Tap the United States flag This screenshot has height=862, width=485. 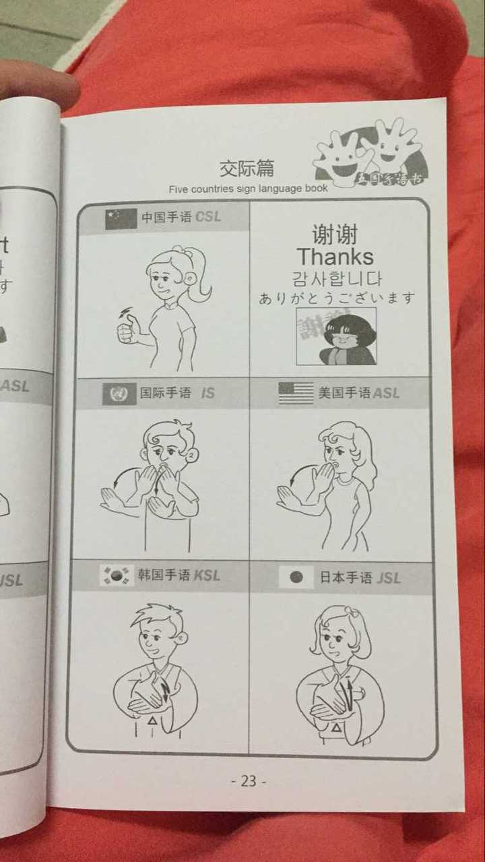[x=296, y=393]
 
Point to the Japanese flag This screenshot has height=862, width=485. [x=296, y=578]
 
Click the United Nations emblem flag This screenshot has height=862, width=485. [x=119, y=394]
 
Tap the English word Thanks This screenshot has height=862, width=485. [x=335, y=257]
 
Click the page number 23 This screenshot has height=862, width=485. [x=249, y=781]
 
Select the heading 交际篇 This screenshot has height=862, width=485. [x=247, y=168]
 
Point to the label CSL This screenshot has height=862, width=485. [x=208, y=218]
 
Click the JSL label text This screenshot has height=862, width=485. [x=389, y=578]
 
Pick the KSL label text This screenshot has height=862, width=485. [x=207, y=576]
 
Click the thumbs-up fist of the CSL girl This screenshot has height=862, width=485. [x=129, y=330]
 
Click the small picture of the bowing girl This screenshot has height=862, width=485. [x=335, y=337]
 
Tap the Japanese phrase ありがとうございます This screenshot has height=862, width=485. [x=337, y=298]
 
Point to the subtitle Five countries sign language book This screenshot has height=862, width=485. [x=248, y=189]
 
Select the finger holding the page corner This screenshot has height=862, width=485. [x=37, y=81]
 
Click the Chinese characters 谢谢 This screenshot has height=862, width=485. [x=335, y=235]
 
